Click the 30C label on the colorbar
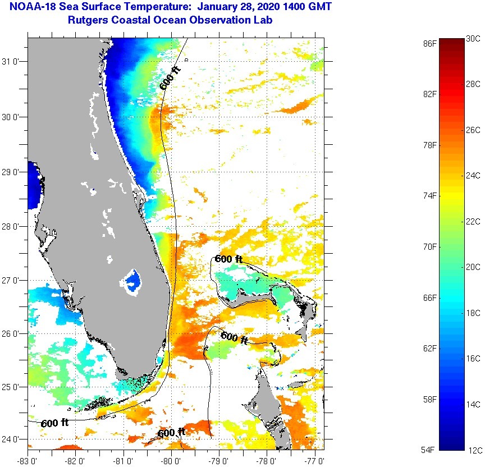click(x=473, y=39)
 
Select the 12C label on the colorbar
click(x=473, y=450)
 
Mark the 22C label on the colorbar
click(x=473, y=222)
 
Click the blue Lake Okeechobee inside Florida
click(x=132, y=279)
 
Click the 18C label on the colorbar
click(x=473, y=313)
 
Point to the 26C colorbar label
click(x=473, y=130)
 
